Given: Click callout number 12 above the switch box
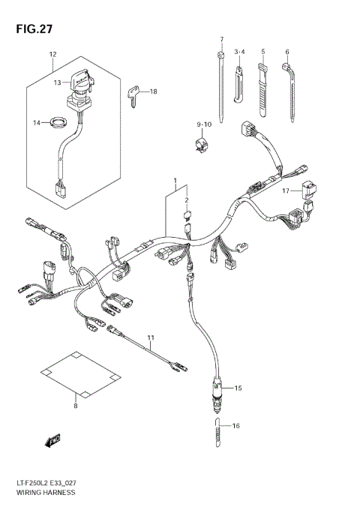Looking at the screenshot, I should pos(52,55).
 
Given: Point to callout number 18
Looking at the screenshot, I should pos(154,91).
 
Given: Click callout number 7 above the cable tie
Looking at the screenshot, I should pos(221,38).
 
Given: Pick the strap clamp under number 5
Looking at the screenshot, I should pos(264,86).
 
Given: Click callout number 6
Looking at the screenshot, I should pos(286,52).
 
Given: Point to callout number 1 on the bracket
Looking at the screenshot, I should pos(175,182).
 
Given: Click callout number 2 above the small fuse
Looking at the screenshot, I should pos(187,200).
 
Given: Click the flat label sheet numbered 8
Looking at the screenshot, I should pos(76,373).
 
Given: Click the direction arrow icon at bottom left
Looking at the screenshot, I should pos(52,441).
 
